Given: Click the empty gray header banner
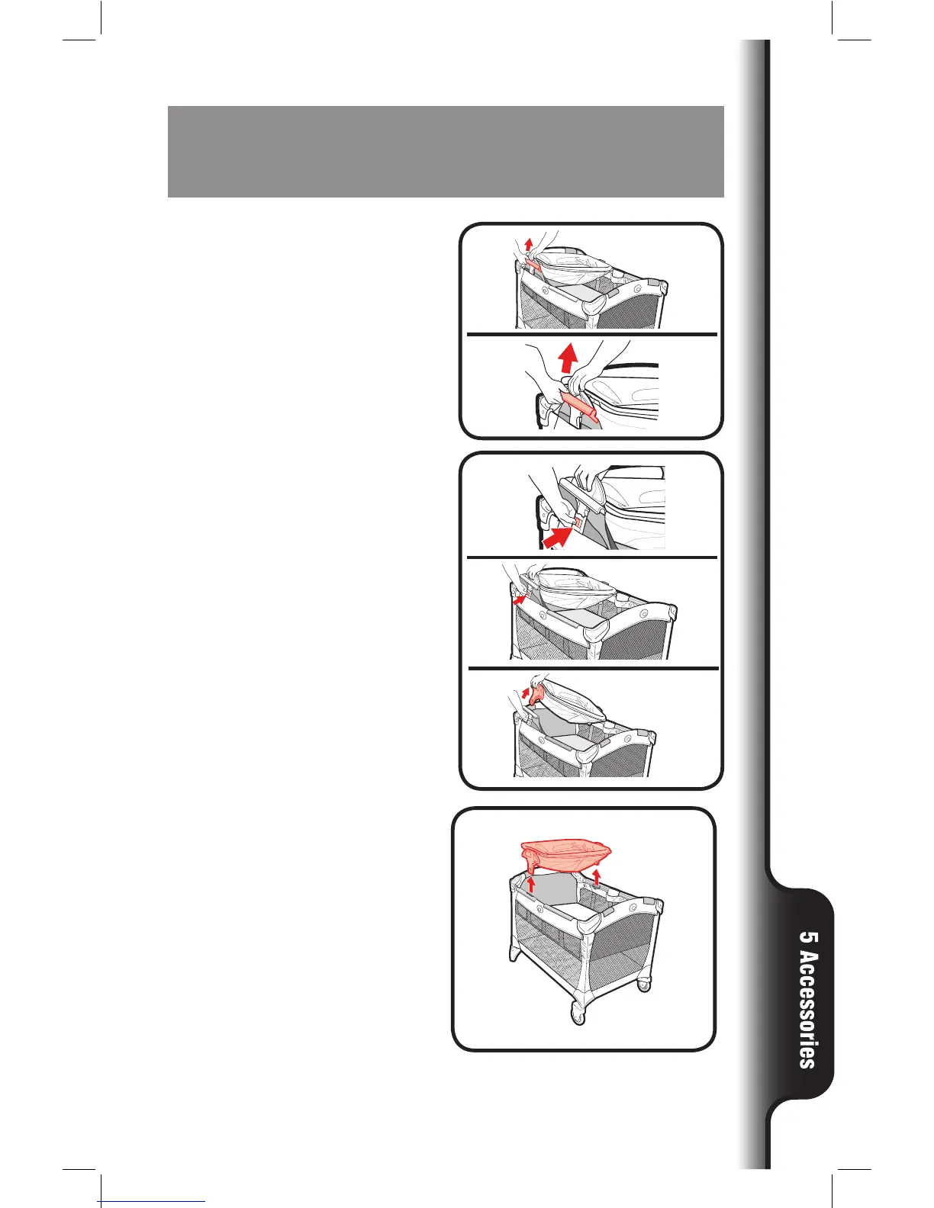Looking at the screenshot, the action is click(446, 151).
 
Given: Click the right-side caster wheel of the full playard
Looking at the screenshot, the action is click(646, 984).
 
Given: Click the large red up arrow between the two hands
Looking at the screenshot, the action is click(565, 357).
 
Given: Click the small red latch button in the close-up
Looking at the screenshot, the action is click(578, 524).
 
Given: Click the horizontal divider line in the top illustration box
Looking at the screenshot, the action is click(591, 334).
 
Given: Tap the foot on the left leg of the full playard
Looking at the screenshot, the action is click(515, 956).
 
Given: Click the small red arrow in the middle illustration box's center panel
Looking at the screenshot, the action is click(519, 601).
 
